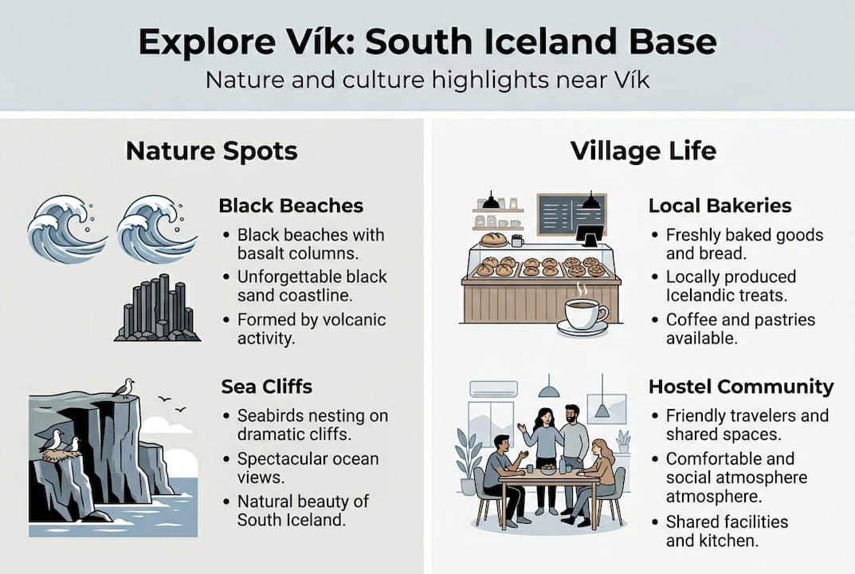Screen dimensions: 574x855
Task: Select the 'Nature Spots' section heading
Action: [x=211, y=151]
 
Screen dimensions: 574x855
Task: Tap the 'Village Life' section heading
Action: [x=643, y=151]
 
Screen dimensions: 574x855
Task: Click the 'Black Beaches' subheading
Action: [x=291, y=206]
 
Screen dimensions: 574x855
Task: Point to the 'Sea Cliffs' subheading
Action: [x=266, y=387]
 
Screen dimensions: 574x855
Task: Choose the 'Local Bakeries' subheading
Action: [x=720, y=206]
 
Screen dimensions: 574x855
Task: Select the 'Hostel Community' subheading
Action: [x=741, y=387]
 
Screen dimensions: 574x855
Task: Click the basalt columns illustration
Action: [x=157, y=309]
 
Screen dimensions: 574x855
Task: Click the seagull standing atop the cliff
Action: [x=124, y=387]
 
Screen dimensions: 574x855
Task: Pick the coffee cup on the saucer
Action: [x=583, y=315]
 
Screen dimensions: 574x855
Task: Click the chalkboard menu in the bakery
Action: [x=571, y=214]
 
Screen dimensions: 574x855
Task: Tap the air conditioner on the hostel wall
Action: [x=492, y=389]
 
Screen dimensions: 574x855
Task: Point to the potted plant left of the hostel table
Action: [x=468, y=462]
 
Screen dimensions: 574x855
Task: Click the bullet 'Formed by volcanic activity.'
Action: [x=311, y=328]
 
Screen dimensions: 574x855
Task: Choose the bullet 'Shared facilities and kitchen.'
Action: [x=726, y=531]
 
